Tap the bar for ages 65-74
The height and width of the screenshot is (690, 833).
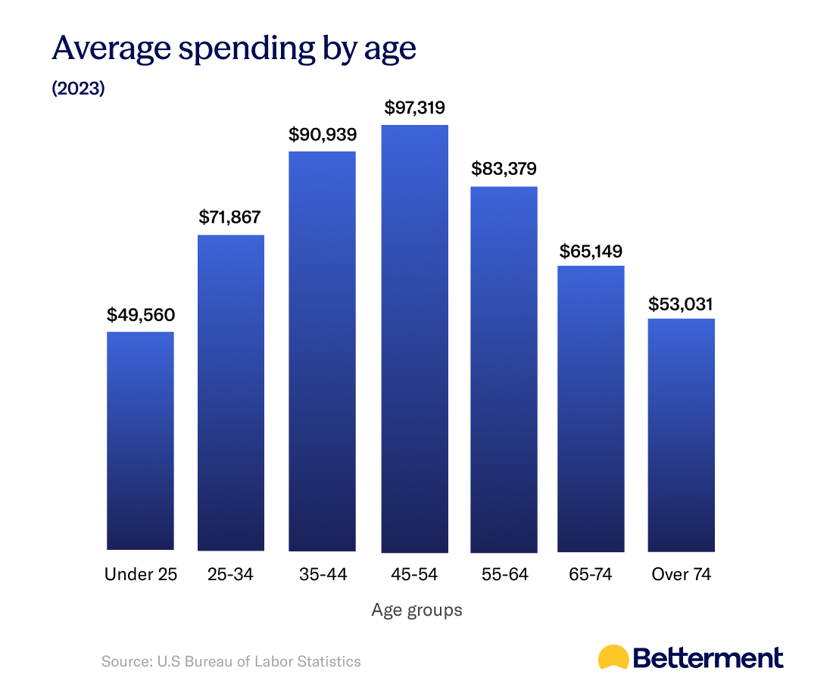point(591,408)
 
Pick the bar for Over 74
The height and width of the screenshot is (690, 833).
point(682,435)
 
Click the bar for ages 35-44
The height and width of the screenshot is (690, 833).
point(323,351)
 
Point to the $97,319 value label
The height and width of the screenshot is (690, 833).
point(414,108)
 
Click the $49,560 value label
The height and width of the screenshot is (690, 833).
point(140,314)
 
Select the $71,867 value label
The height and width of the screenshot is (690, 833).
point(230,217)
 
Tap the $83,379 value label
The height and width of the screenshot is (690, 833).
point(504,169)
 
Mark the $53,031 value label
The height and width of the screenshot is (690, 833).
point(682,304)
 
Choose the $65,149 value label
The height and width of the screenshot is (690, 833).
point(591,250)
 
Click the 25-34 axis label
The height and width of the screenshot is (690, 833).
point(230,574)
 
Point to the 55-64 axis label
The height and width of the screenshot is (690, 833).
point(504,574)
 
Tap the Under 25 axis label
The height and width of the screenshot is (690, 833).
point(141,574)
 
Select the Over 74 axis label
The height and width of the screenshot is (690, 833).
point(682,574)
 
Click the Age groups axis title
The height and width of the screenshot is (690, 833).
point(416,610)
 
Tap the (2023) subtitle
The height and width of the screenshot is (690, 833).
point(78,89)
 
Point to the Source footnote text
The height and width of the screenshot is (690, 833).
point(231,661)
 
